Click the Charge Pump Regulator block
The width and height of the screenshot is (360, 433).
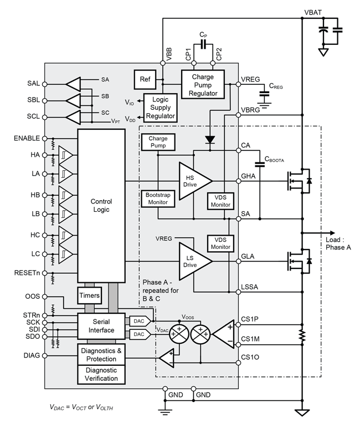pos(203,83)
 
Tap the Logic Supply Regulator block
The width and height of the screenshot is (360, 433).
pos(160,106)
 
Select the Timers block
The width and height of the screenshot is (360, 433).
pos(90,296)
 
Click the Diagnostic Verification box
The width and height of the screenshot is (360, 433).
pos(101,375)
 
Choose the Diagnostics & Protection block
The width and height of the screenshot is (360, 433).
pos(101,354)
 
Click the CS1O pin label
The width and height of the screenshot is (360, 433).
pos(251,359)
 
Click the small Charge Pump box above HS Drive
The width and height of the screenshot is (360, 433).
pos(158,142)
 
